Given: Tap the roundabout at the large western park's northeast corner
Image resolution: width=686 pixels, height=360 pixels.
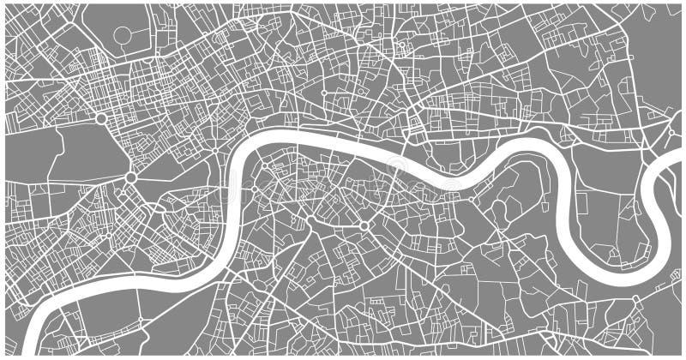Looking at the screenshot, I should [x=101, y=118].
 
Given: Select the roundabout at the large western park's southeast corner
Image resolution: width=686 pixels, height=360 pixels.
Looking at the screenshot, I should [x=130, y=177].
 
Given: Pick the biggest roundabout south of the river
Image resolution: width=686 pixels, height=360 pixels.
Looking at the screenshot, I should [x=364, y=226].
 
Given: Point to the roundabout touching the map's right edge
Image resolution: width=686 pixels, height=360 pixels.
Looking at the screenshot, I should [x=671, y=132].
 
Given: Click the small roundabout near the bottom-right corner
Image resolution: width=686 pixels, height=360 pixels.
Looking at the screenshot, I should [x=635, y=299].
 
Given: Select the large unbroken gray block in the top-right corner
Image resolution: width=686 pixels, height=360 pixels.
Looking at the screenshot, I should [x=656, y=51].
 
